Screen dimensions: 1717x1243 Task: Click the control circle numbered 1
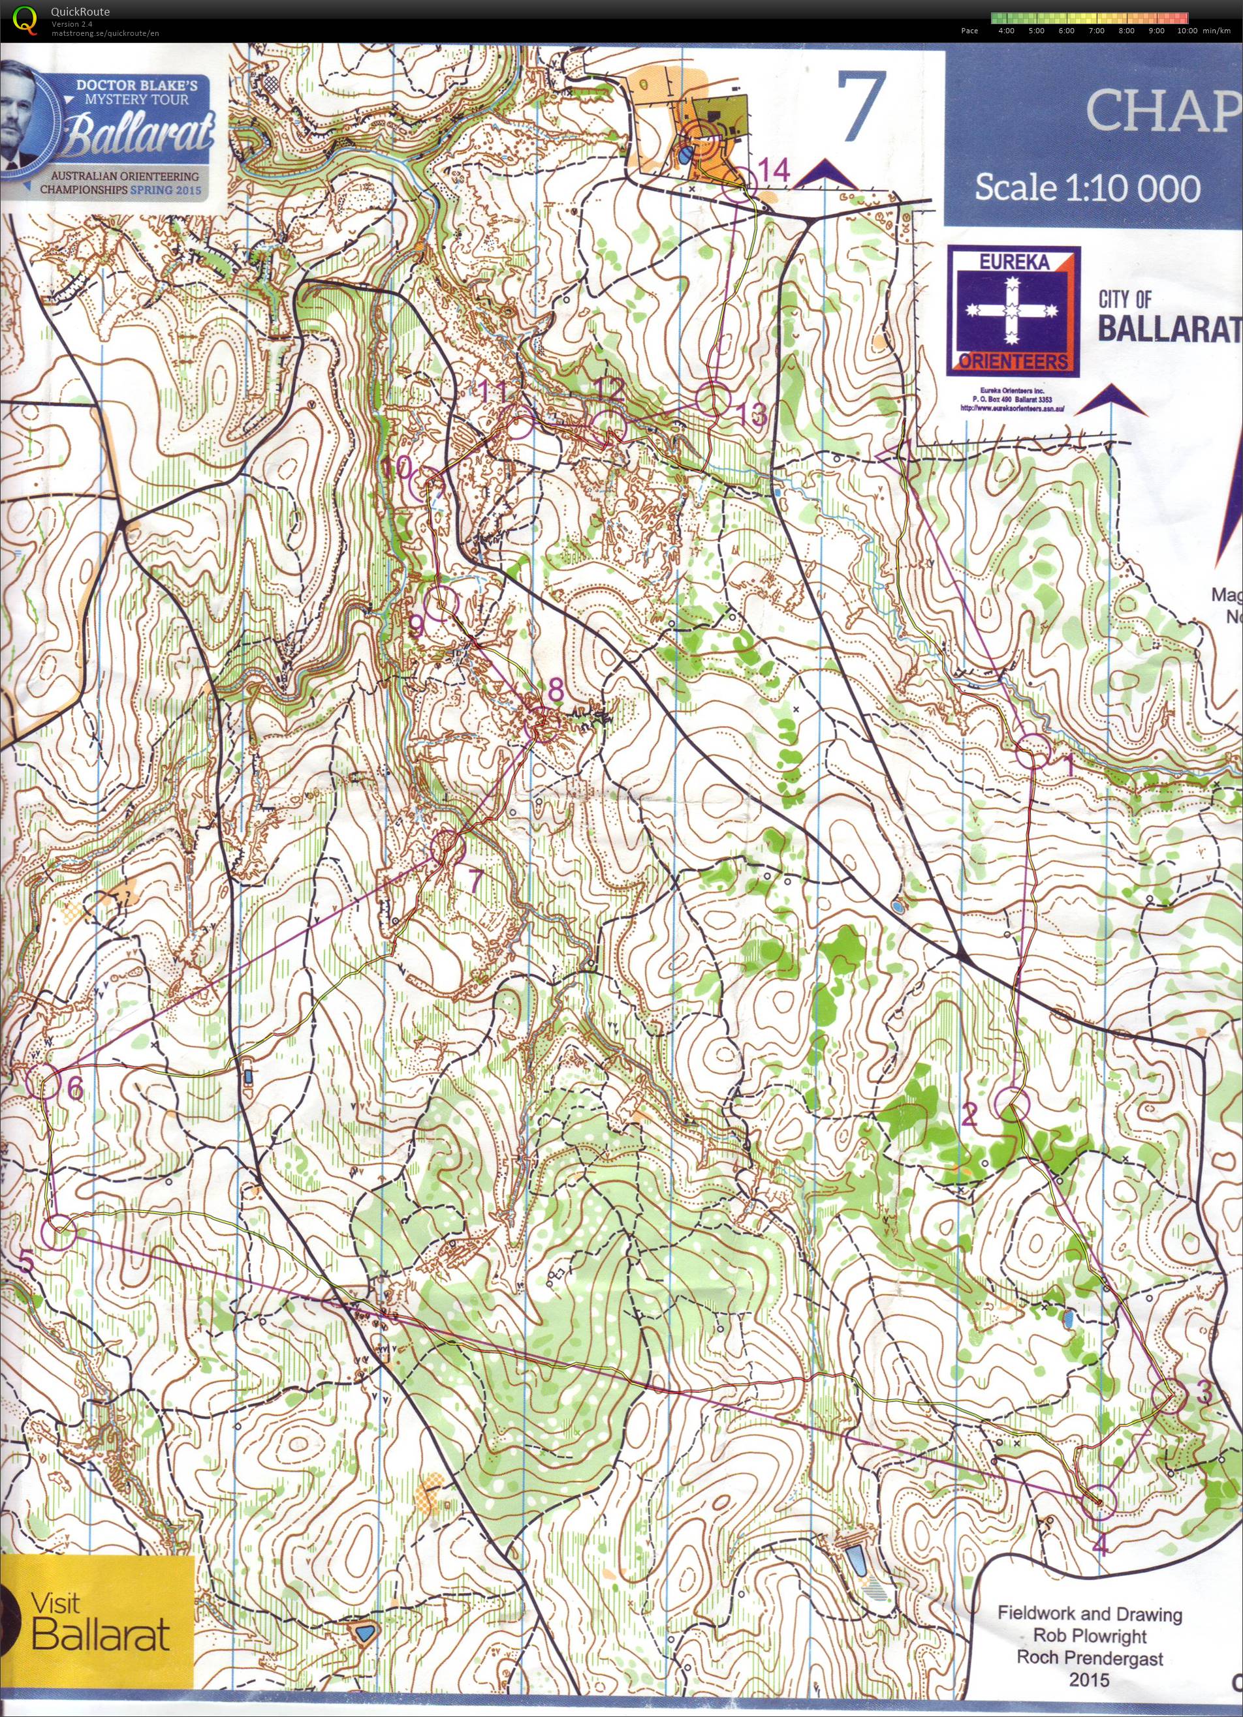(1033, 752)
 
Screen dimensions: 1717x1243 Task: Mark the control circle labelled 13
(712, 400)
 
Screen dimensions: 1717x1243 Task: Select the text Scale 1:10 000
(1086, 188)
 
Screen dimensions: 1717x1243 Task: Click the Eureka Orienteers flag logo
(1015, 311)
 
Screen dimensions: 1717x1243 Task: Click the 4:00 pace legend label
(1007, 31)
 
